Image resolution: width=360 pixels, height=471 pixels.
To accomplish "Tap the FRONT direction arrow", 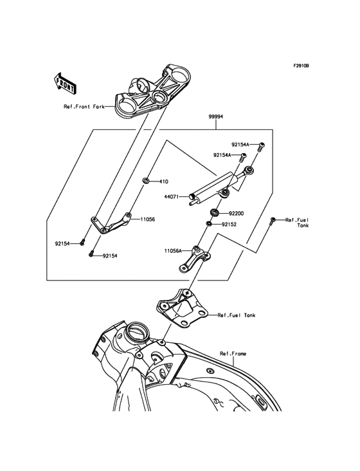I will click(66, 83).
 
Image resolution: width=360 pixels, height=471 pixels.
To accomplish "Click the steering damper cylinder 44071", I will click(212, 187).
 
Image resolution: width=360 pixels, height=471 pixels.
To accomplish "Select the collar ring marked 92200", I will click(214, 212).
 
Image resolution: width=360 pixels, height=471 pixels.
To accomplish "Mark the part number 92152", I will click(230, 225).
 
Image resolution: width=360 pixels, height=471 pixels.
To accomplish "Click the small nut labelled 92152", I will click(209, 224).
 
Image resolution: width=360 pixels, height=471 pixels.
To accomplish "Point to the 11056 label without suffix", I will click(148, 219).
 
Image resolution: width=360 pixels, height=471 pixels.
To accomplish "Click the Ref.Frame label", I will click(233, 353).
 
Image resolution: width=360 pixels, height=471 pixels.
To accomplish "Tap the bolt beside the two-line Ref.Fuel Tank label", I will click(273, 221).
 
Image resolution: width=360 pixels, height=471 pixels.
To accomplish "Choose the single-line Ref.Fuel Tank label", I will click(237, 315).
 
